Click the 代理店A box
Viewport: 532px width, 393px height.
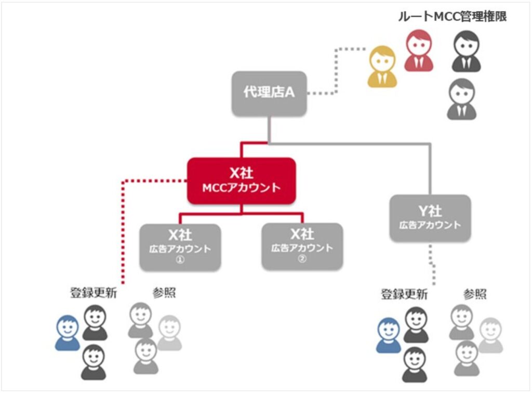point(269,93)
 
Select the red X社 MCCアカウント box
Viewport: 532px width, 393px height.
point(241,180)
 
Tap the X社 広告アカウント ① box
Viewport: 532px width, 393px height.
point(178,246)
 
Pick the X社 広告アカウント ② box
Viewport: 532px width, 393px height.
point(302,246)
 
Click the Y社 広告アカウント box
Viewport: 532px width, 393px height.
point(430,218)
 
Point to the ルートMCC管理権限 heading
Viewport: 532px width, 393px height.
point(452,17)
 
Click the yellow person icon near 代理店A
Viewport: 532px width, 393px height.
point(382,67)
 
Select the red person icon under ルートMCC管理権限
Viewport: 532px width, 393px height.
point(419,50)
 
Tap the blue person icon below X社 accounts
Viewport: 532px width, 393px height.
point(68,333)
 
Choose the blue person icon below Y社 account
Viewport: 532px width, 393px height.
point(389,335)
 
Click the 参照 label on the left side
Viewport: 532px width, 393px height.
point(164,293)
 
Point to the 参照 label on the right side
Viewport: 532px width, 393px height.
point(475,295)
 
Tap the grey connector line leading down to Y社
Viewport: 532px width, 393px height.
point(430,166)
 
